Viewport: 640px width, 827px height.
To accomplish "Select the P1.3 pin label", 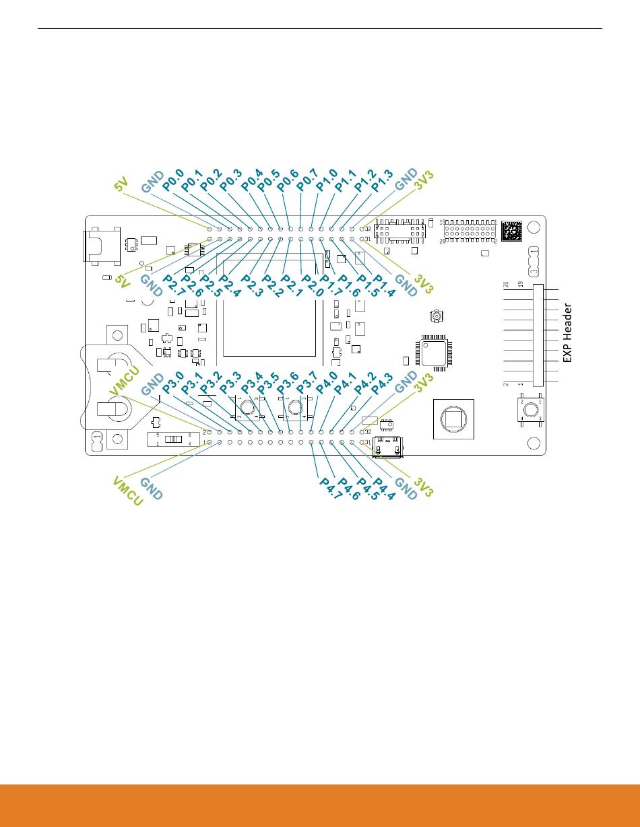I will [x=382, y=181].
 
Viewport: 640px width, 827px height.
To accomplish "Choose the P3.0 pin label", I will [x=172, y=384].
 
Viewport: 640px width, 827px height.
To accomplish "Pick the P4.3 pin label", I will [x=382, y=384].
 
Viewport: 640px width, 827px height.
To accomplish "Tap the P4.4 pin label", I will [x=384, y=488].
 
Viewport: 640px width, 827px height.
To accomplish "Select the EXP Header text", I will [x=567, y=334].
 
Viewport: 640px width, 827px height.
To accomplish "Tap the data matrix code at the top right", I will [x=511, y=230].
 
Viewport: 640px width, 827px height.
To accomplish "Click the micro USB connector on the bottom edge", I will [x=388, y=446].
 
